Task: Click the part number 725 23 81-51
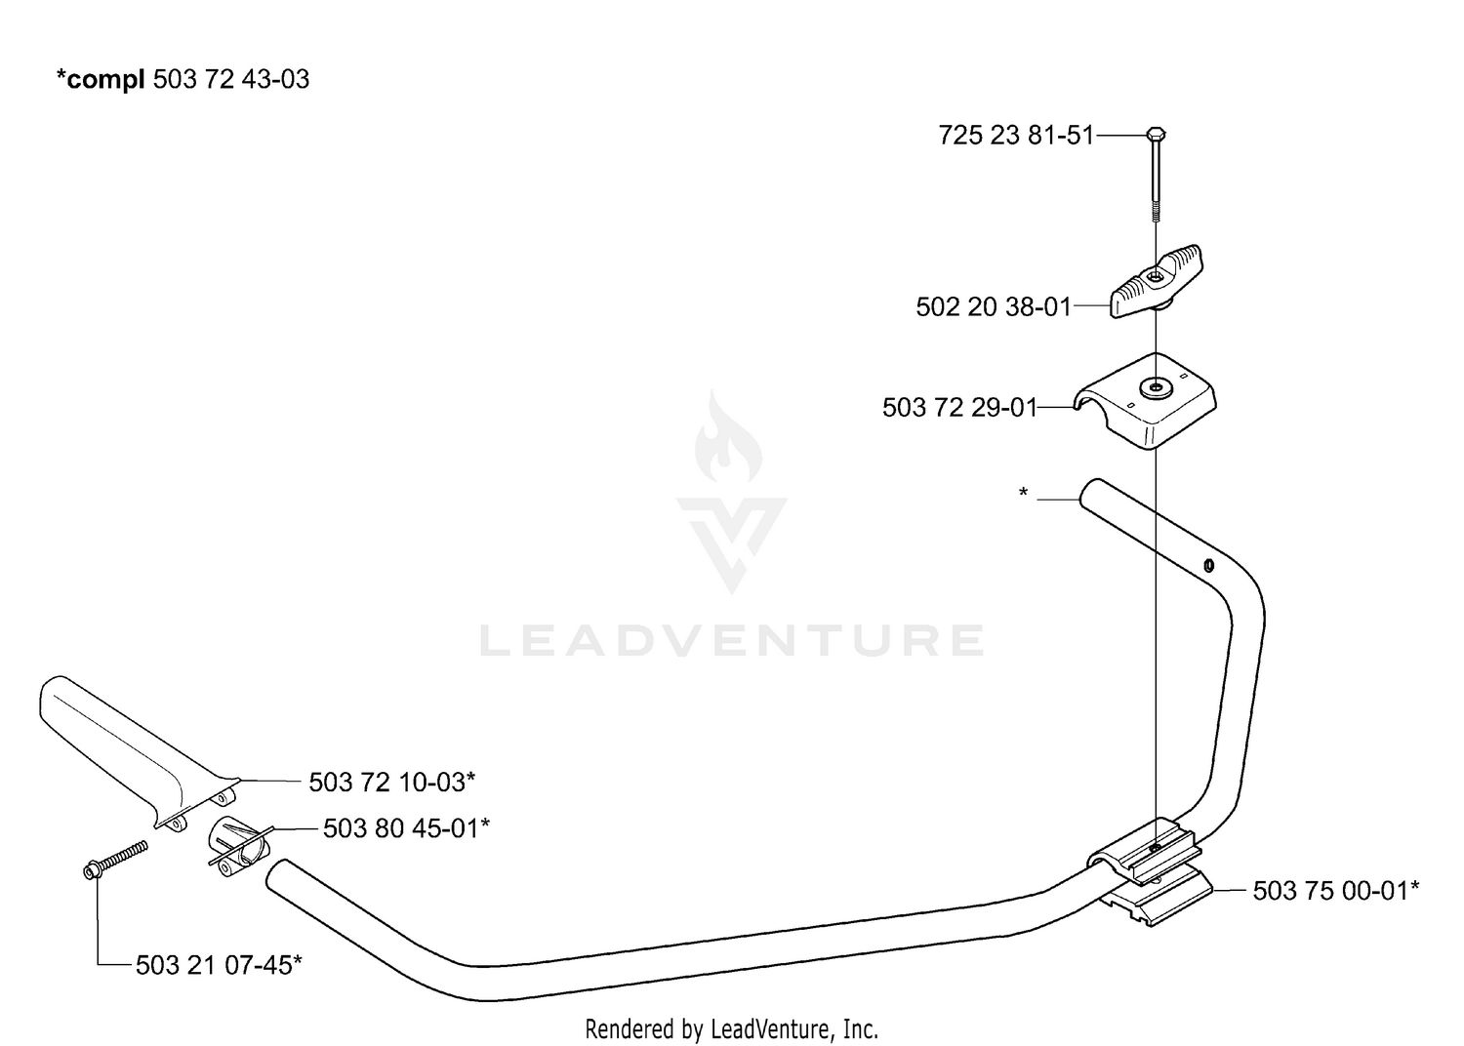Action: point(1016,136)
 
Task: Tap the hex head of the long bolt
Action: point(1156,134)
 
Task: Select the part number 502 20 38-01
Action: point(994,307)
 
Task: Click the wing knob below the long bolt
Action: point(1157,281)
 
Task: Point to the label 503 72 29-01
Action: point(960,408)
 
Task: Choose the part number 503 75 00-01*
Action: point(1336,891)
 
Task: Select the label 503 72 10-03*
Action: point(392,782)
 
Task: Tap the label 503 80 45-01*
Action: point(407,828)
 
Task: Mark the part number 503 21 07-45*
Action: point(219,965)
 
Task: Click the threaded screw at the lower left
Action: point(116,859)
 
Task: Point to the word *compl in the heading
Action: point(100,80)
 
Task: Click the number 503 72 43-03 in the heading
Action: point(231,79)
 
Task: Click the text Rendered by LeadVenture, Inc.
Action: point(731,1029)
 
